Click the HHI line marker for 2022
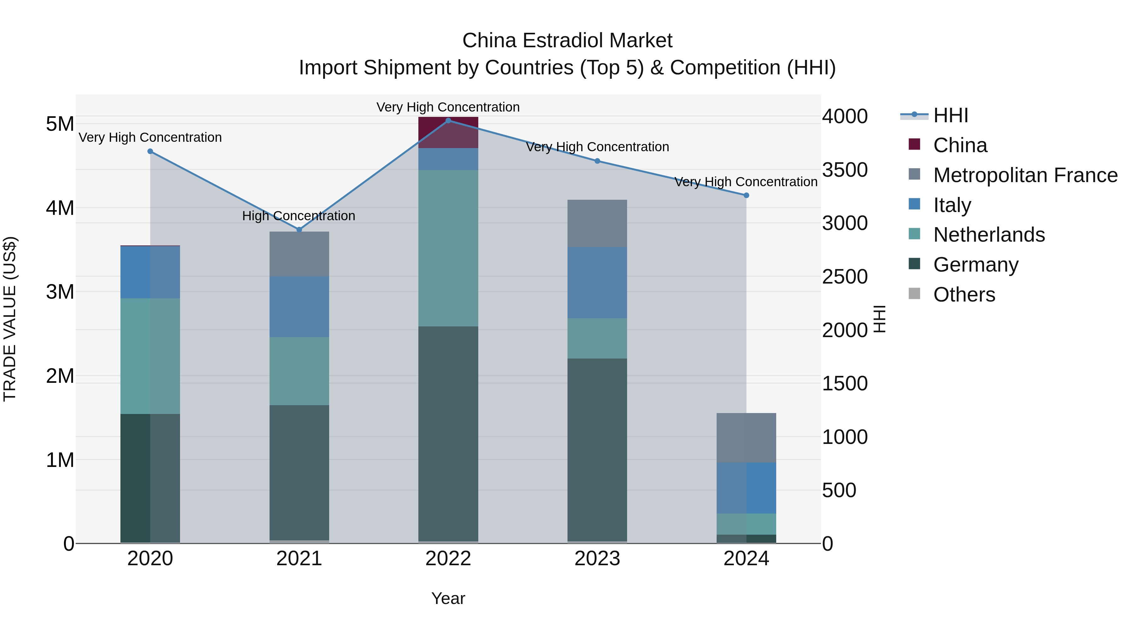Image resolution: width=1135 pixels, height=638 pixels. (x=448, y=120)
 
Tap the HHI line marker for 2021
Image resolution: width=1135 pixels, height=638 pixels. (x=299, y=229)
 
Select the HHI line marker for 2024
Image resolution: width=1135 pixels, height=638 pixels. (x=746, y=195)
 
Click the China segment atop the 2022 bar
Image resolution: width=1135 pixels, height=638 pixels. (x=448, y=132)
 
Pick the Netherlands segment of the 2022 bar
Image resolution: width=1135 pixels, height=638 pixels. (x=448, y=248)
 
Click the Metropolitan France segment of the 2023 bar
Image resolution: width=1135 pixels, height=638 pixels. (x=597, y=223)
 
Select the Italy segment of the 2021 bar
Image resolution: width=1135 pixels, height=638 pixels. (x=299, y=307)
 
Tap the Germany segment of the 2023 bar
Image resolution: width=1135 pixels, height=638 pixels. (x=597, y=449)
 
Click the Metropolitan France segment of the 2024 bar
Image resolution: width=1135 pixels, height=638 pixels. (x=746, y=438)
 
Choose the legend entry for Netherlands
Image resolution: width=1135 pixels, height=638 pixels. (x=989, y=235)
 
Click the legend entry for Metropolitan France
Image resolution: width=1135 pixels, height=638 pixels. (x=1025, y=175)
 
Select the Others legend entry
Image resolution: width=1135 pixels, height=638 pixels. (x=964, y=295)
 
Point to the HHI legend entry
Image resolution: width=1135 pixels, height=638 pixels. (x=950, y=115)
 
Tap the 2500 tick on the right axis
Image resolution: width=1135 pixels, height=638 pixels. (x=845, y=277)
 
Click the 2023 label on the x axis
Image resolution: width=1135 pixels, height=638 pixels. (x=597, y=559)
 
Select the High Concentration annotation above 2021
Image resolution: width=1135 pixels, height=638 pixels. (x=299, y=216)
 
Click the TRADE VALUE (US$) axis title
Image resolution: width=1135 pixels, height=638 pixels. (x=10, y=319)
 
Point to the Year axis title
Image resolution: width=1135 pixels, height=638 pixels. (x=448, y=598)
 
